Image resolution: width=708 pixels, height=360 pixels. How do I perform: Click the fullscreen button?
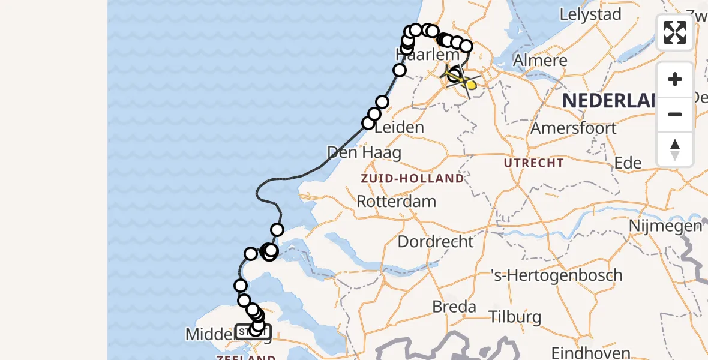tap(675, 32)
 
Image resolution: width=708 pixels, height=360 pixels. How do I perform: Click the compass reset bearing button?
tap(675, 149)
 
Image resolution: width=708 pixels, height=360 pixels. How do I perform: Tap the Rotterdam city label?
tap(396, 201)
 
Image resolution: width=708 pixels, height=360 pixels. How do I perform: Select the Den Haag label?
tap(364, 152)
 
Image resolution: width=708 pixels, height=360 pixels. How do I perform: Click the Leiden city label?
tap(399, 127)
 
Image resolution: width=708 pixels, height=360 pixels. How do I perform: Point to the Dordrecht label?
tap(436, 242)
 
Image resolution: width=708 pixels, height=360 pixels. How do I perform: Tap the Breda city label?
tap(454, 307)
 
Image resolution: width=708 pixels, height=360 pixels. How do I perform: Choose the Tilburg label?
tap(515, 317)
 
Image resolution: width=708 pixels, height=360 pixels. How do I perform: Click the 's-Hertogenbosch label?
tap(556, 275)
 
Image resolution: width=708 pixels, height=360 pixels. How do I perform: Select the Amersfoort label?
tap(574, 128)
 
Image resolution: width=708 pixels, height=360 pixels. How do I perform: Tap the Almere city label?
tap(540, 61)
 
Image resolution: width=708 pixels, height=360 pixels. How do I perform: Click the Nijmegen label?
tap(665, 226)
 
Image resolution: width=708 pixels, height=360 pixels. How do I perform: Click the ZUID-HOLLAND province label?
tap(412, 178)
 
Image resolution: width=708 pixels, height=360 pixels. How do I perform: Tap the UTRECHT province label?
tap(533, 163)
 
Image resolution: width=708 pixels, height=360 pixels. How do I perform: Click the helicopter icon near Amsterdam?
tap(462, 79)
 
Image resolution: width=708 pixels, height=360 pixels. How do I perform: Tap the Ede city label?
tap(628, 163)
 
